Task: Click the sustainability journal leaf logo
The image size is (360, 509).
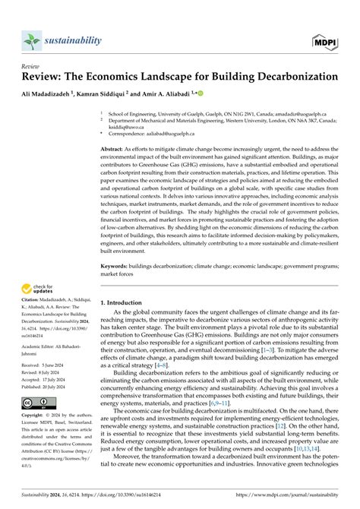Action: tap(31, 40)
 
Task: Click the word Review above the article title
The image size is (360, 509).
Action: tap(31, 67)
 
